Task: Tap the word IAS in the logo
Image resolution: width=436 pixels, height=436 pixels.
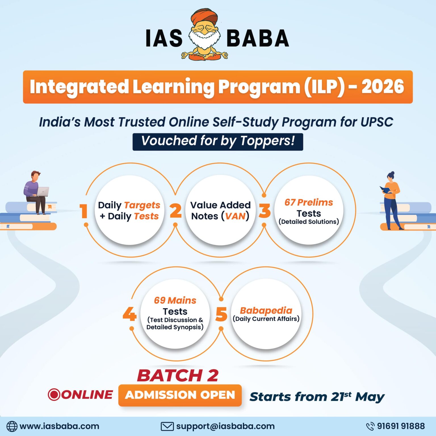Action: pyautogui.click(x=164, y=38)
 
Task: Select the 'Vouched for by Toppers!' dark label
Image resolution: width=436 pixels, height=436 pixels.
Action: pyautogui.click(x=218, y=141)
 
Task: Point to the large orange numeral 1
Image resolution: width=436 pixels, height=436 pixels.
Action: pyautogui.click(x=83, y=211)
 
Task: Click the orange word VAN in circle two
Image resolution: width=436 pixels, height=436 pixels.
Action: pyautogui.click(x=235, y=216)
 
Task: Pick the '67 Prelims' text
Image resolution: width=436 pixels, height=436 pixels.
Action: pyautogui.click(x=309, y=202)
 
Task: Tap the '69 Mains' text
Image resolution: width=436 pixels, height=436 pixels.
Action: pyautogui.click(x=175, y=300)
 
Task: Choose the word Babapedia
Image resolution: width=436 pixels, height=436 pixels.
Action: pyautogui.click(x=266, y=310)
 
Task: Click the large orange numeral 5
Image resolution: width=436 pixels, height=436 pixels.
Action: pyautogui.click(x=221, y=315)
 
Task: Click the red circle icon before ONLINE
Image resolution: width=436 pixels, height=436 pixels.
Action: pyautogui.click(x=54, y=395)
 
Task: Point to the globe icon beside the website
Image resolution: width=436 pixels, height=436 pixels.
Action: pyautogui.click(x=12, y=426)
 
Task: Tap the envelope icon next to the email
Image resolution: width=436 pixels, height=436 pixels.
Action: pyautogui.click(x=167, y=426)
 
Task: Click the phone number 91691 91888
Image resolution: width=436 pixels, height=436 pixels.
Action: pyautogui.click(x=401, y=426)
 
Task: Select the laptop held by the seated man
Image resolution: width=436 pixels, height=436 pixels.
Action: pyautogui.click(x=42, y=192)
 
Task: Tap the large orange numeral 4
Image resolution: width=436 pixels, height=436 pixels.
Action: pyautogui.click(x=129, y=315)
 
